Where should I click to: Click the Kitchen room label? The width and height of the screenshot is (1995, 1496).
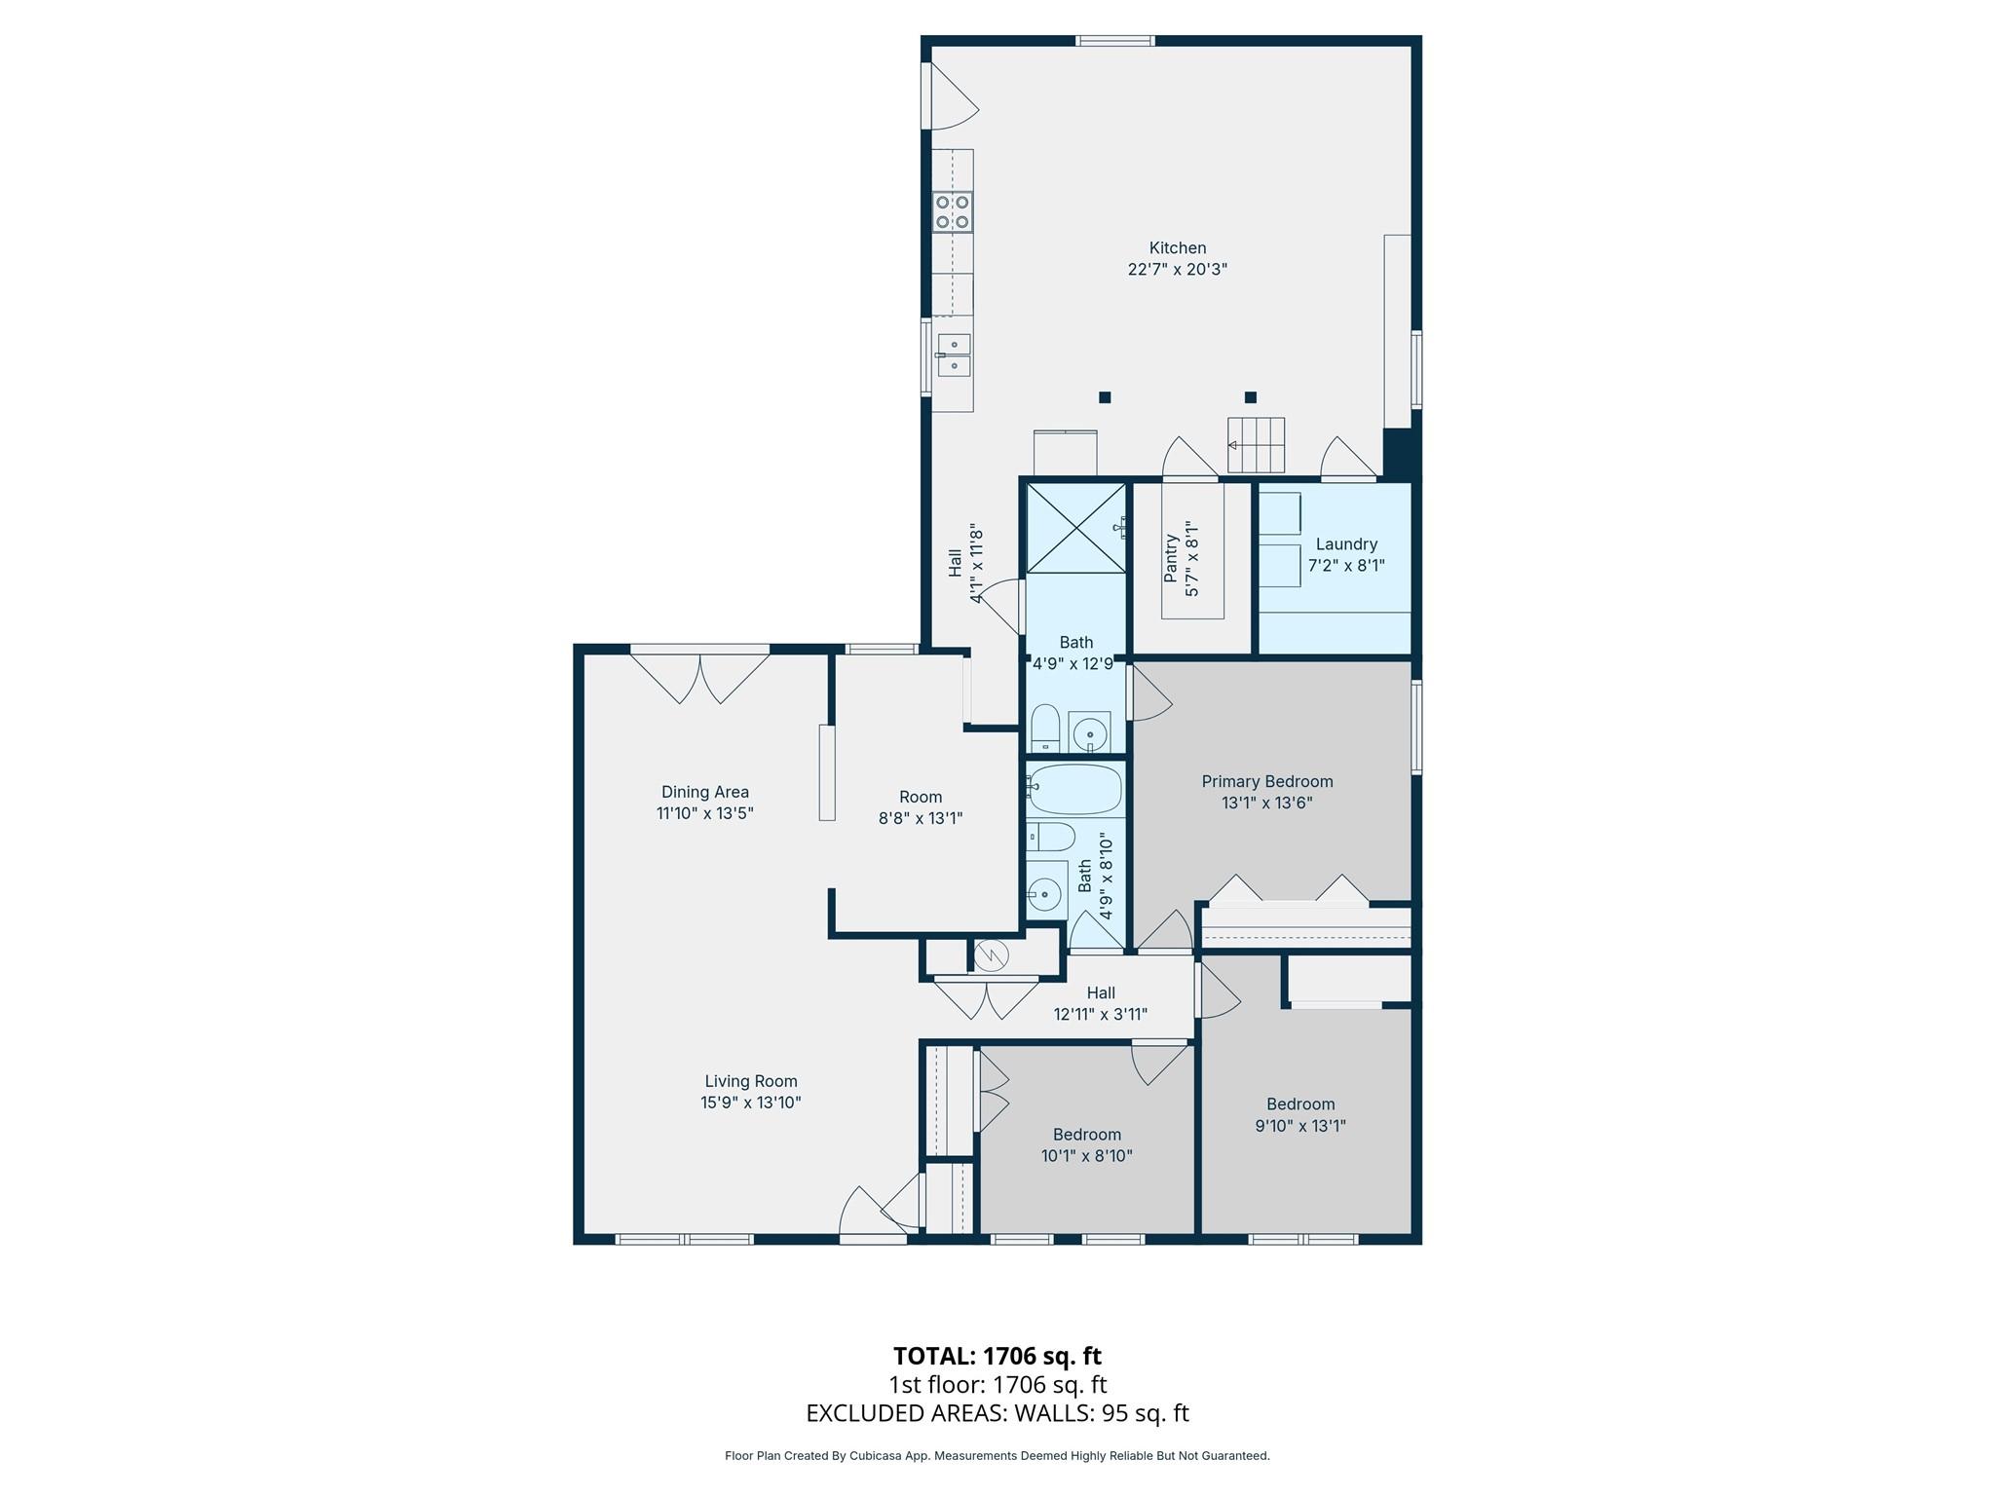pyautogui.click(x=1177, y=248)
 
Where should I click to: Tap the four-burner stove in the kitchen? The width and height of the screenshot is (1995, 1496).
pyautogui.click(x=952, y=212)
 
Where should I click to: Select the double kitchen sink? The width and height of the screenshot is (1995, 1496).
pyautogui.click(x=954, y=355)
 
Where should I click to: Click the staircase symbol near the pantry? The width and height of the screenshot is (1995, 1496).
pyautogui.click(x=1256, y=444)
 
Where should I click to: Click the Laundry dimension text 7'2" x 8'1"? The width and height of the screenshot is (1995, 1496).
pyautogui.click(x=1345, y=565)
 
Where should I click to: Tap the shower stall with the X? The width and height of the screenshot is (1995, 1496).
pyautogui.click(x=1075, y=528)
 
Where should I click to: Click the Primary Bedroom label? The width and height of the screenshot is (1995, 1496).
pyautogui.click(x=1266, y=781)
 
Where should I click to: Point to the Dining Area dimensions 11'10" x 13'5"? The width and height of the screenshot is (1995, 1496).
pyautogui.click(x=704, y=813)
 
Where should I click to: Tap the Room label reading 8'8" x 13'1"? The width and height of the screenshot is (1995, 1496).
pyautogui.click(x=921, y=808)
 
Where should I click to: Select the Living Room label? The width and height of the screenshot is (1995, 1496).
pyautogui.click(x=750, y=1081)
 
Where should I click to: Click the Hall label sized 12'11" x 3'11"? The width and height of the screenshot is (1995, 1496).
pyautogui.click(x=1100, y=1003)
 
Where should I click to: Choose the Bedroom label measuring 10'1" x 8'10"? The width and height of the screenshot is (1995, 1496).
pyautogui.click(x=1086, y=1145)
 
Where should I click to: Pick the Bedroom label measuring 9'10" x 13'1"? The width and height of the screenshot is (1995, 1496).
pyautogui.click(x=1299, y=1115)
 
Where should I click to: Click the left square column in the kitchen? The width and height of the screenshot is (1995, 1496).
pyautogui.click(x=1105, y=397)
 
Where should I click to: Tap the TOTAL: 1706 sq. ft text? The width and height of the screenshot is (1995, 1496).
pyautogui.click(x=997, y=1356)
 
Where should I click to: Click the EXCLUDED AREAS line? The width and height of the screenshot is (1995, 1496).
pyautogui.click(x=997, y=1413)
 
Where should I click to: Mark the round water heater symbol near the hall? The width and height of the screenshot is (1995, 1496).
pyautogui.click(x=990, y=956)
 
